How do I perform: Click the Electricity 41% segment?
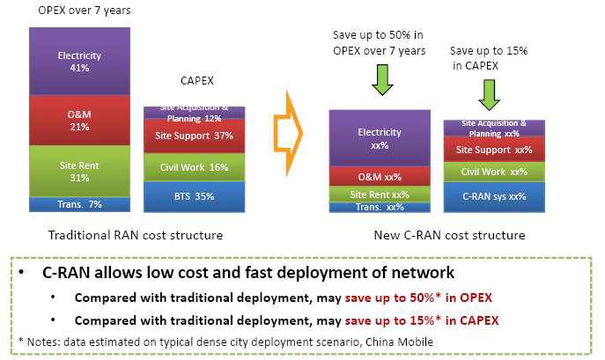tap(79, 62)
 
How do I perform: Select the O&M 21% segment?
tap(79, 121)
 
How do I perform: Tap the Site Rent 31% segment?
tap(79, 172)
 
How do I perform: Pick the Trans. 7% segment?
tap(79, 204)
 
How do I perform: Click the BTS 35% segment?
tap(194, 197)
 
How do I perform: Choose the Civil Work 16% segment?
tap(194, 167)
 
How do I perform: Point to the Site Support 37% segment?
tap(194, 136)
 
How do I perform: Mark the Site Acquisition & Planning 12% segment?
tap(194, 113)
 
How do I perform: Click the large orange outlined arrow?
tap(288, 133)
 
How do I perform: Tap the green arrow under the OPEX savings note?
tap(382, 80)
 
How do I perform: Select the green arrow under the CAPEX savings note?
tap(490, 95)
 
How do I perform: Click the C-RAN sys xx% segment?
tap(494, 197)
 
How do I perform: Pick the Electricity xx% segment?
tap(380, 138)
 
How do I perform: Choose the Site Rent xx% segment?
tap(380, 195)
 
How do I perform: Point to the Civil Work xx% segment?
tap(494, 173)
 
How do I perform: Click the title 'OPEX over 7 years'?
tap(85, 10)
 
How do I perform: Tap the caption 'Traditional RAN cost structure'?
tap(136, 235)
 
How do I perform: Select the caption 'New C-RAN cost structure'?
tap(449, 235)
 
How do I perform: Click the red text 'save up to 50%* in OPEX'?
tap(418, 298)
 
